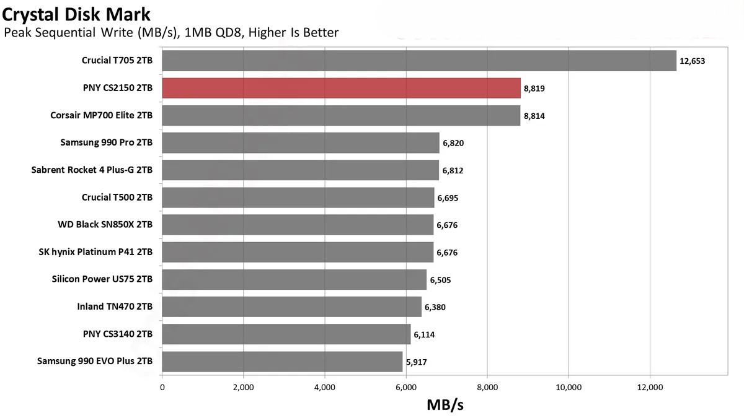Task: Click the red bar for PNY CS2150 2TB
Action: (341, 88)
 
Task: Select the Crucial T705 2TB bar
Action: (418, 61)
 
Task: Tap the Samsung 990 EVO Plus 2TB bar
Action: (282, 361)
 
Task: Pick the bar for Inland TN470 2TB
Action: (291, 307)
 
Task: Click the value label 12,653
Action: (693, 61)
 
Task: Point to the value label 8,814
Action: (534, 116)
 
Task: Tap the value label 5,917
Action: (416, 362)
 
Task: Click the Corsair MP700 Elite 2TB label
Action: (102, 115)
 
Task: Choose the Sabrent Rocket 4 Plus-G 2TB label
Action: (92, 170)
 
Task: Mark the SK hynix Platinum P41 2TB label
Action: (95, 252)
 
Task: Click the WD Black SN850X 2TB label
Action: (105, 225)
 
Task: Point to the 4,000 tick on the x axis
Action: (324, 388)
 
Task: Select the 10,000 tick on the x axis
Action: (569, 388)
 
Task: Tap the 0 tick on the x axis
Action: (162, 388)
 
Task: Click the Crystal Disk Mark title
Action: (76, 12)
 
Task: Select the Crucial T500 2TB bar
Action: (298, 198)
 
